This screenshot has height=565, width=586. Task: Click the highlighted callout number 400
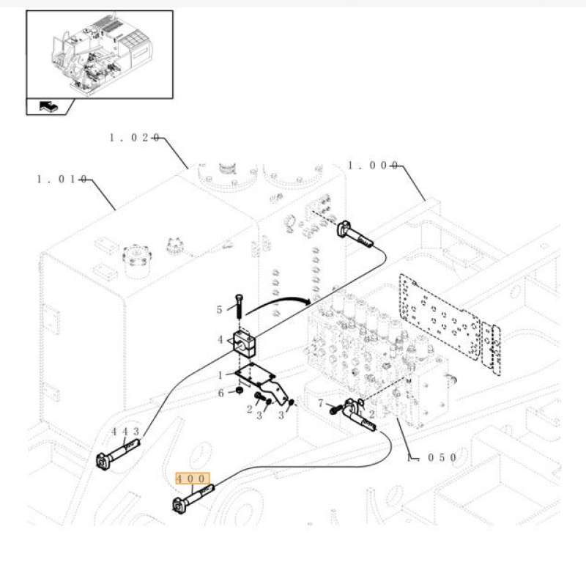[193, 479]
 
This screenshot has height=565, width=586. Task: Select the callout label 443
[125, 432]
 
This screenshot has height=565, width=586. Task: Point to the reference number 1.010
[62, 179]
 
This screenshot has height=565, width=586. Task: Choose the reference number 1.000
[372, 166]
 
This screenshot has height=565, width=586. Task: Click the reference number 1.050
[432, 457]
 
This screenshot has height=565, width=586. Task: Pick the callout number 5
[219, 310]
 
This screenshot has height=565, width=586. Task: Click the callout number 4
[220, 339]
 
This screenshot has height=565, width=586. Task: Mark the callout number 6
[220, 394]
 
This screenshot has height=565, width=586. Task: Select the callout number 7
[320, 403]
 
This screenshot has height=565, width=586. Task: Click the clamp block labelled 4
[244, 341]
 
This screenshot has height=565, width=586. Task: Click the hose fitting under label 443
[114, 459]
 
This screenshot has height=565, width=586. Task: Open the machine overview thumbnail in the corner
[100, 54]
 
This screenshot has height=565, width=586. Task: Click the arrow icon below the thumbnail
[48, 107]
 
